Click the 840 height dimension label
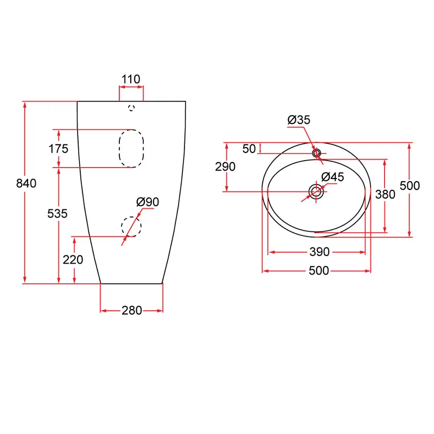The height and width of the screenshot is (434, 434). click(26, 183)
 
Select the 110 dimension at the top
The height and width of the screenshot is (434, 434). click(131, 79)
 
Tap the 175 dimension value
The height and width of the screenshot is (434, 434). click(59, 149)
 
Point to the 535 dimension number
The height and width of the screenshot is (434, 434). click(58, 214)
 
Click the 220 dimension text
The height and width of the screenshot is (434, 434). click(73, 260)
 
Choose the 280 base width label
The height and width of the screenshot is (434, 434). click(132, 310)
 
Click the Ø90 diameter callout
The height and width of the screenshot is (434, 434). click(148, 202)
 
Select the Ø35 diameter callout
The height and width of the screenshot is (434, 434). click(299, 120)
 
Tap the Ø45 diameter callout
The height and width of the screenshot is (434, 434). click(333, 177)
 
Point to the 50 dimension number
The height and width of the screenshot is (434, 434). click(249, 149)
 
